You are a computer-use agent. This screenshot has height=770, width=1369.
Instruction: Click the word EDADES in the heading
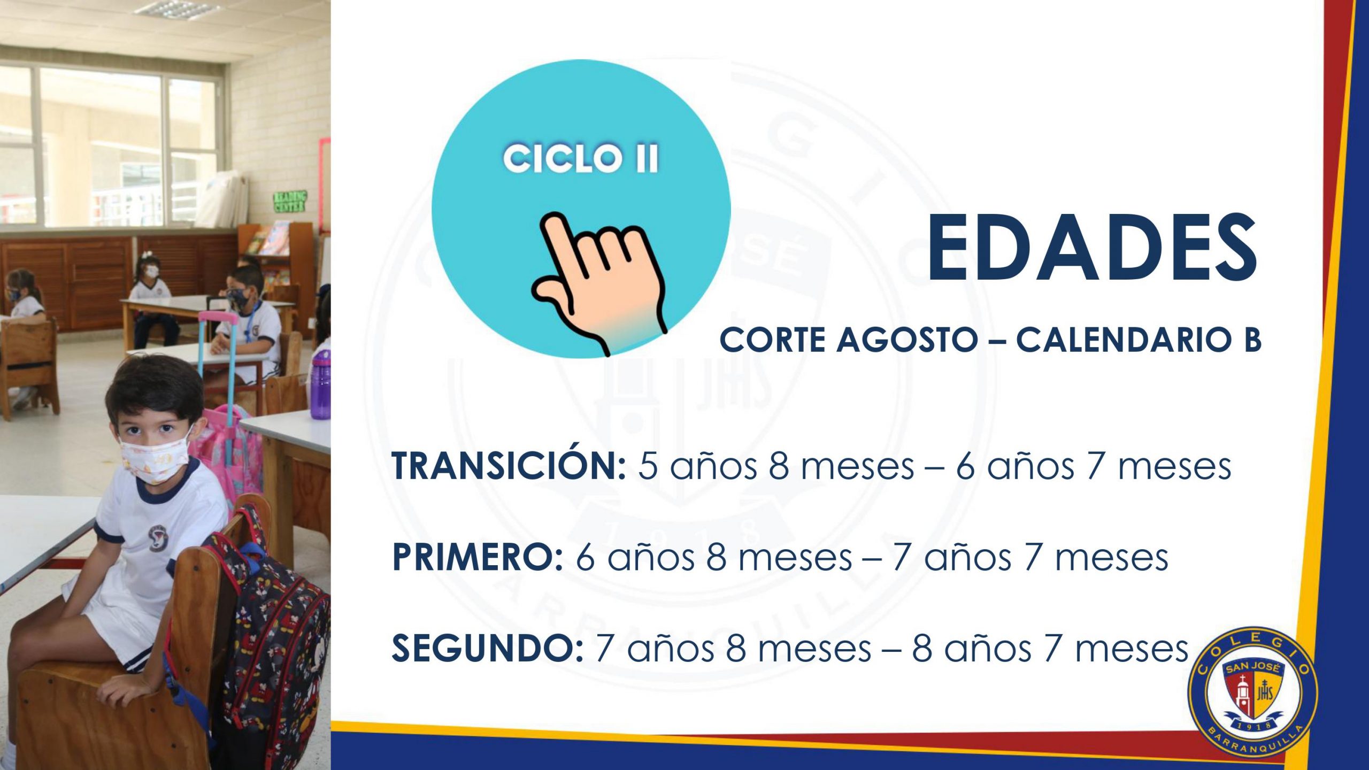[1093, 247]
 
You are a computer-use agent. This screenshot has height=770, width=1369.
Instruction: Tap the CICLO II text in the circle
[581, 158]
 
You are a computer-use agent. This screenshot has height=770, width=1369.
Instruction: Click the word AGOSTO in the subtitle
[907, 340]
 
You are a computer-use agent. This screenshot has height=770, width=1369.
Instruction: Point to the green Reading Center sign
[290, 202]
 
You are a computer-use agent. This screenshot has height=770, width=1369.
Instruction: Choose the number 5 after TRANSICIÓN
[648, 466]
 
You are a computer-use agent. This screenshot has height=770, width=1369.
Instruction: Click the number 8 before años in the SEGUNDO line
[922, 649]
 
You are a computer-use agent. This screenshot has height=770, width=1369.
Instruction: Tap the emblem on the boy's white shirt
[157, 538]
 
